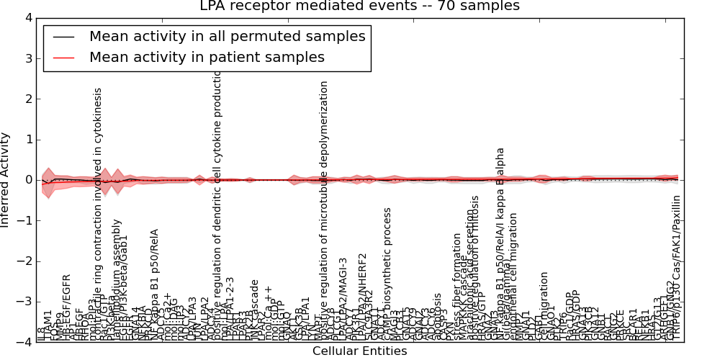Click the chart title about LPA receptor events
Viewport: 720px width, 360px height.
359,6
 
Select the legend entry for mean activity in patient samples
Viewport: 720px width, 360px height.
207,58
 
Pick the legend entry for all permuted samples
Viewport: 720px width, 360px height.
227,36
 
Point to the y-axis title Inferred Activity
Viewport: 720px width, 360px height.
6,180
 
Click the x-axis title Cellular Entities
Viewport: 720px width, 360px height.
359,351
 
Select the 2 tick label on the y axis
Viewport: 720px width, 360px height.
28,99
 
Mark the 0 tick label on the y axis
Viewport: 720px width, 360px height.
28,180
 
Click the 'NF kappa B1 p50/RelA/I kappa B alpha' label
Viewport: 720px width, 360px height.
500,245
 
